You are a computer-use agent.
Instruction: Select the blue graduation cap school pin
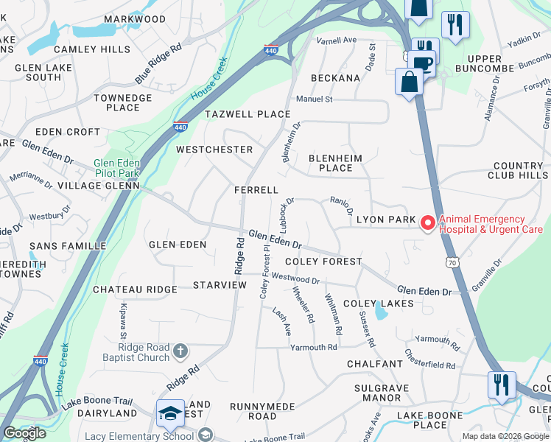click(x=169, y=413)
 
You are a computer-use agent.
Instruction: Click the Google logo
click(x=24, y=433)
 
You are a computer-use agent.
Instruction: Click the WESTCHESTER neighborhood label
click(x=214, y=150)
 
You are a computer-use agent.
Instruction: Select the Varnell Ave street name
click(x=337, y=40)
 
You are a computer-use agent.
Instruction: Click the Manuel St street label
click(x=315, y=99)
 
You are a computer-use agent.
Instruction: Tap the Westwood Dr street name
click(x=295, y=278)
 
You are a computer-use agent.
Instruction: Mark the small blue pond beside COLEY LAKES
click(x=380, y=313)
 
